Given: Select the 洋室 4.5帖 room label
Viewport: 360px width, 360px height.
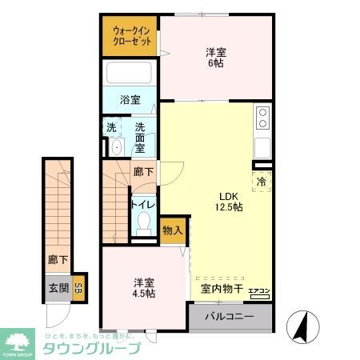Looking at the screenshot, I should coord(144,288).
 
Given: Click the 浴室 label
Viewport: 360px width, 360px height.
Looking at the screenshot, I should coord(130,102).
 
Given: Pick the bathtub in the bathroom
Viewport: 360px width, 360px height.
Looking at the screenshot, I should coord(130,76).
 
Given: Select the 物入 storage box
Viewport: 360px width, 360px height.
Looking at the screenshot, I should coord(171,230).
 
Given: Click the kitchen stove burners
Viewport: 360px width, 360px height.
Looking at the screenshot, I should coord(262,118).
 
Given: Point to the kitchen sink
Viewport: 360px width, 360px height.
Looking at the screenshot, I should coord(262,148).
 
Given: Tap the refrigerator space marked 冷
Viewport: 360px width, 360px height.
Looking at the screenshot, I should coord(262,182).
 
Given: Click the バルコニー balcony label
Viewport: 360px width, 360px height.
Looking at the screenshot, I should coord(230,317).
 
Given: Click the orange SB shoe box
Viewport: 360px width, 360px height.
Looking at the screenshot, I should coord(78,289).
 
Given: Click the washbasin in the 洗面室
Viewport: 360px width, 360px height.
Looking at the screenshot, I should coord(116,148).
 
